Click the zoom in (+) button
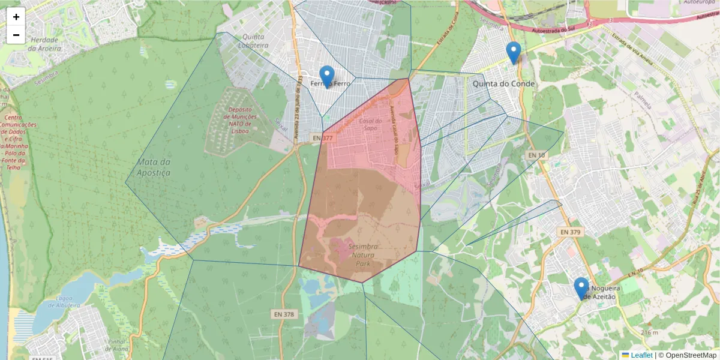(x=16, y=17)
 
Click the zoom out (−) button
(x=16, y=35)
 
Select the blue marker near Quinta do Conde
(x=513, y=53)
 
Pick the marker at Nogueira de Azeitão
(x=581, y=289)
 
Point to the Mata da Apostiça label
(x=154, y=167)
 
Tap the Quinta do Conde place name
(x=504, y=84)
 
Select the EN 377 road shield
(x=322, y=138)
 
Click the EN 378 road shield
(x=284, y=314)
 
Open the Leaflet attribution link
(x=641, y=355)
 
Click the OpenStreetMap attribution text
(x=688, y=355)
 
